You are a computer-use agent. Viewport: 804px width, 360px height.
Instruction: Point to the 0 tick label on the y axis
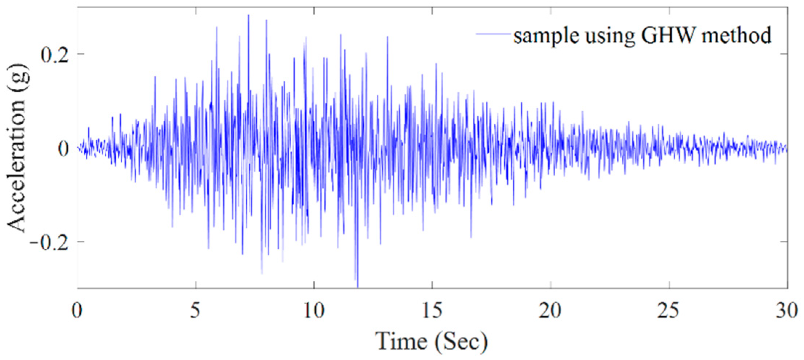coord(64,149)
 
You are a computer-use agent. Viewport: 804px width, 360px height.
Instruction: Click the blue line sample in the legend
coord(492,34)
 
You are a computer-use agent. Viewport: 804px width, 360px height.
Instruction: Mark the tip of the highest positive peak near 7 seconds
coord(248,15)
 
